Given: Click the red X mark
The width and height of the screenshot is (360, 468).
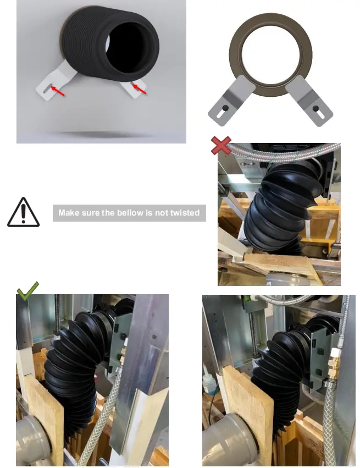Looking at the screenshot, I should [x=221, y=146].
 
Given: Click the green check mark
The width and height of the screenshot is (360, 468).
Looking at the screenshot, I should [x=27, y=290].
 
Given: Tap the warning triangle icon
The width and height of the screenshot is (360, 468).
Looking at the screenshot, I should [x=23, y=212].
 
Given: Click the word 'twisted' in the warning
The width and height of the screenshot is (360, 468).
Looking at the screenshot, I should [x=185, y=213].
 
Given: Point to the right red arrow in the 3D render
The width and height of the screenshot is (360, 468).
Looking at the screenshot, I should [x=140, y=89].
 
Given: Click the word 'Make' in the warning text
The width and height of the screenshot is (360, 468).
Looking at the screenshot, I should [x=69, y=213].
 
